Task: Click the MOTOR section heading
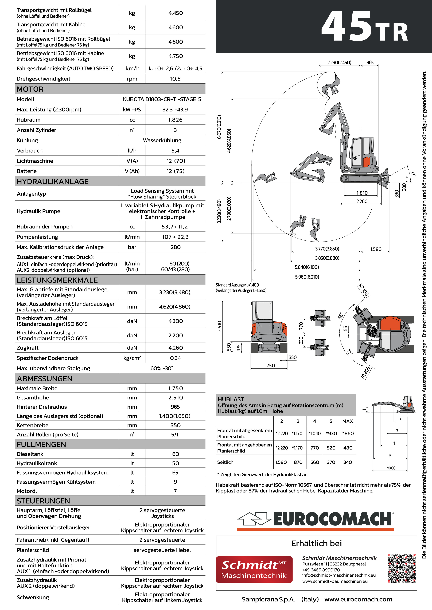point(30,89)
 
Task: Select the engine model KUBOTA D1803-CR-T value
point(162,99)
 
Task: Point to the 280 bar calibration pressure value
point(175,247)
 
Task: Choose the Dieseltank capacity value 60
point(175,454)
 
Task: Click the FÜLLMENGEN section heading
point(41,444)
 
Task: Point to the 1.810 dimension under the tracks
point(362,193)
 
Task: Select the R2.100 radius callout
point(364,290)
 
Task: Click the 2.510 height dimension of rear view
point(219,326)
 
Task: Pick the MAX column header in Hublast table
point(347,421)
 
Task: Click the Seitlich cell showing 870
point(298,462)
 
